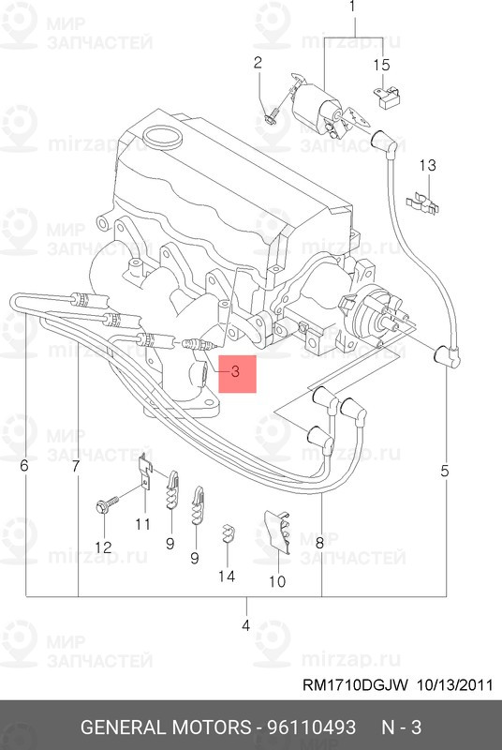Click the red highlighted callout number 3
[235, 371]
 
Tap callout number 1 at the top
[352, 7]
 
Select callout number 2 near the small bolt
[258, 63]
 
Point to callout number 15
[381, 65]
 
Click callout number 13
[428, 166]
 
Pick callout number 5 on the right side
[445, 472]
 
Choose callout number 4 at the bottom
[245, 625]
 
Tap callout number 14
[227, 577]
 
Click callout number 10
[277, 581]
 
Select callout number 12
[104, 547]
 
